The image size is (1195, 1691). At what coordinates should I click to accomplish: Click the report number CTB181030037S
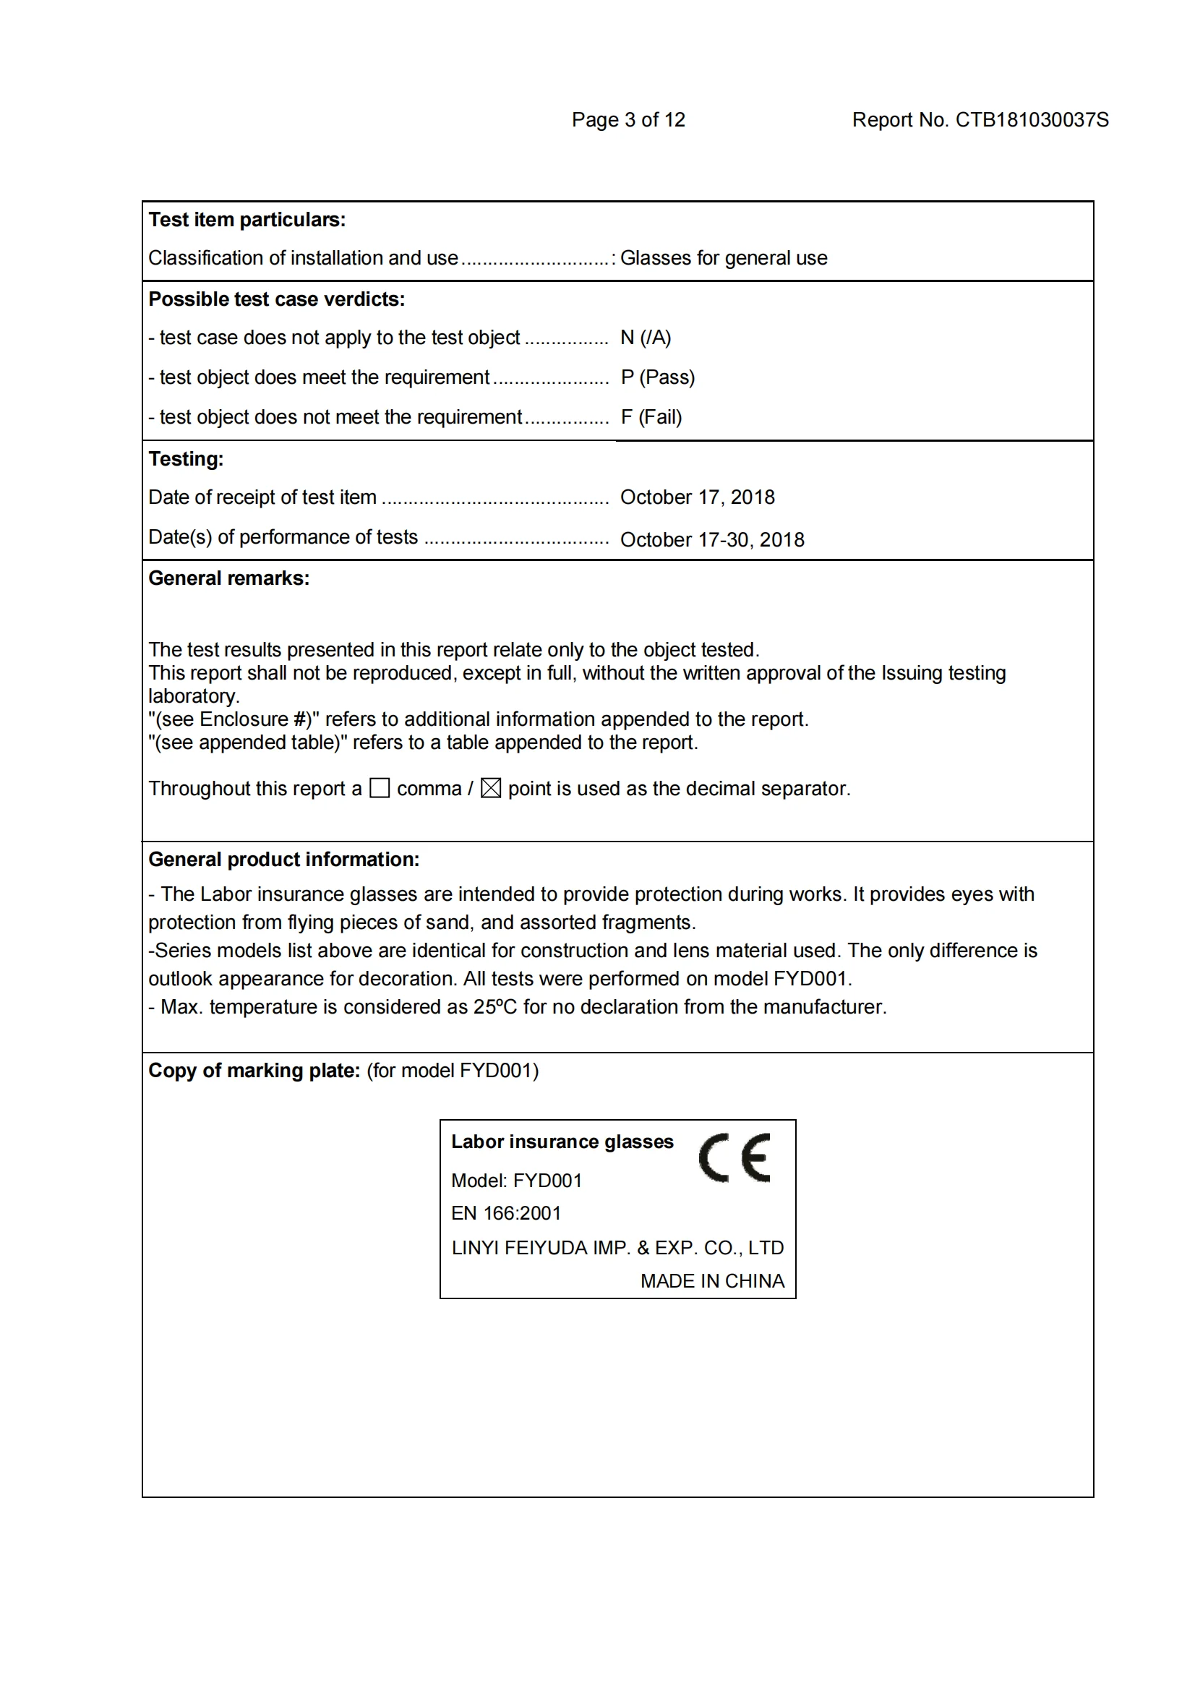point(1031,120)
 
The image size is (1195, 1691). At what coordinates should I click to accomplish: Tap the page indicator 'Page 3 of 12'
point(628,120)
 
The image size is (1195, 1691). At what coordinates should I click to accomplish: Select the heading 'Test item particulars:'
point(247,220)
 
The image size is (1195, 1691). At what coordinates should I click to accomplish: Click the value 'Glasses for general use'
point(723,258)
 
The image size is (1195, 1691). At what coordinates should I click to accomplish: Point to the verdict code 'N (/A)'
point(645,338)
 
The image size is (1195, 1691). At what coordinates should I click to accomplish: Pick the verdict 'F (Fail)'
point(651,417)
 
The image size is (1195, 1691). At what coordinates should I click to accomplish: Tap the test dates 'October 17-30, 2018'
point(711,540)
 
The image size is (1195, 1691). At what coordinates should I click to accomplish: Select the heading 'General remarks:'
point(229,578)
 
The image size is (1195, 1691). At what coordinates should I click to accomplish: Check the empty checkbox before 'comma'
point(380,788)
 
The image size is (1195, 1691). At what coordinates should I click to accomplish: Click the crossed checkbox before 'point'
point(490,788)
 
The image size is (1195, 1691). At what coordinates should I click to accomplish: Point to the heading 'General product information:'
point(283,860)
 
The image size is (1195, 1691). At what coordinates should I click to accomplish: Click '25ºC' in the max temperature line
point(494,1007)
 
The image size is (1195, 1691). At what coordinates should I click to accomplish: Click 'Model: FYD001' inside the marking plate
point(516,1181)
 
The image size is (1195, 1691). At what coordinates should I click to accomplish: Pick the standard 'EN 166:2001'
point(506,1213)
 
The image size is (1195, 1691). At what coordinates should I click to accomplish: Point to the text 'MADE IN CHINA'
point(712,1281)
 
